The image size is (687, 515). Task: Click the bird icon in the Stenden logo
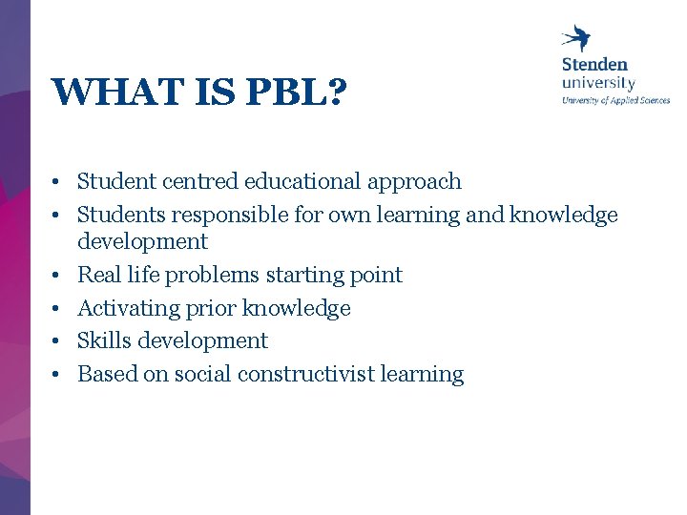(x=576, y=37)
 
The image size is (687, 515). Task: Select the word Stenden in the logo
(x=594, y=64)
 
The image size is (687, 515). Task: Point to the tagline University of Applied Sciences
(x=615, y=99)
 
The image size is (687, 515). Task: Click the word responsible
(x=222, y=216)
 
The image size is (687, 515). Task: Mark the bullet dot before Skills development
(x=57, y=341)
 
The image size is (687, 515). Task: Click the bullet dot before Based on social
(x=57, y=375)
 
